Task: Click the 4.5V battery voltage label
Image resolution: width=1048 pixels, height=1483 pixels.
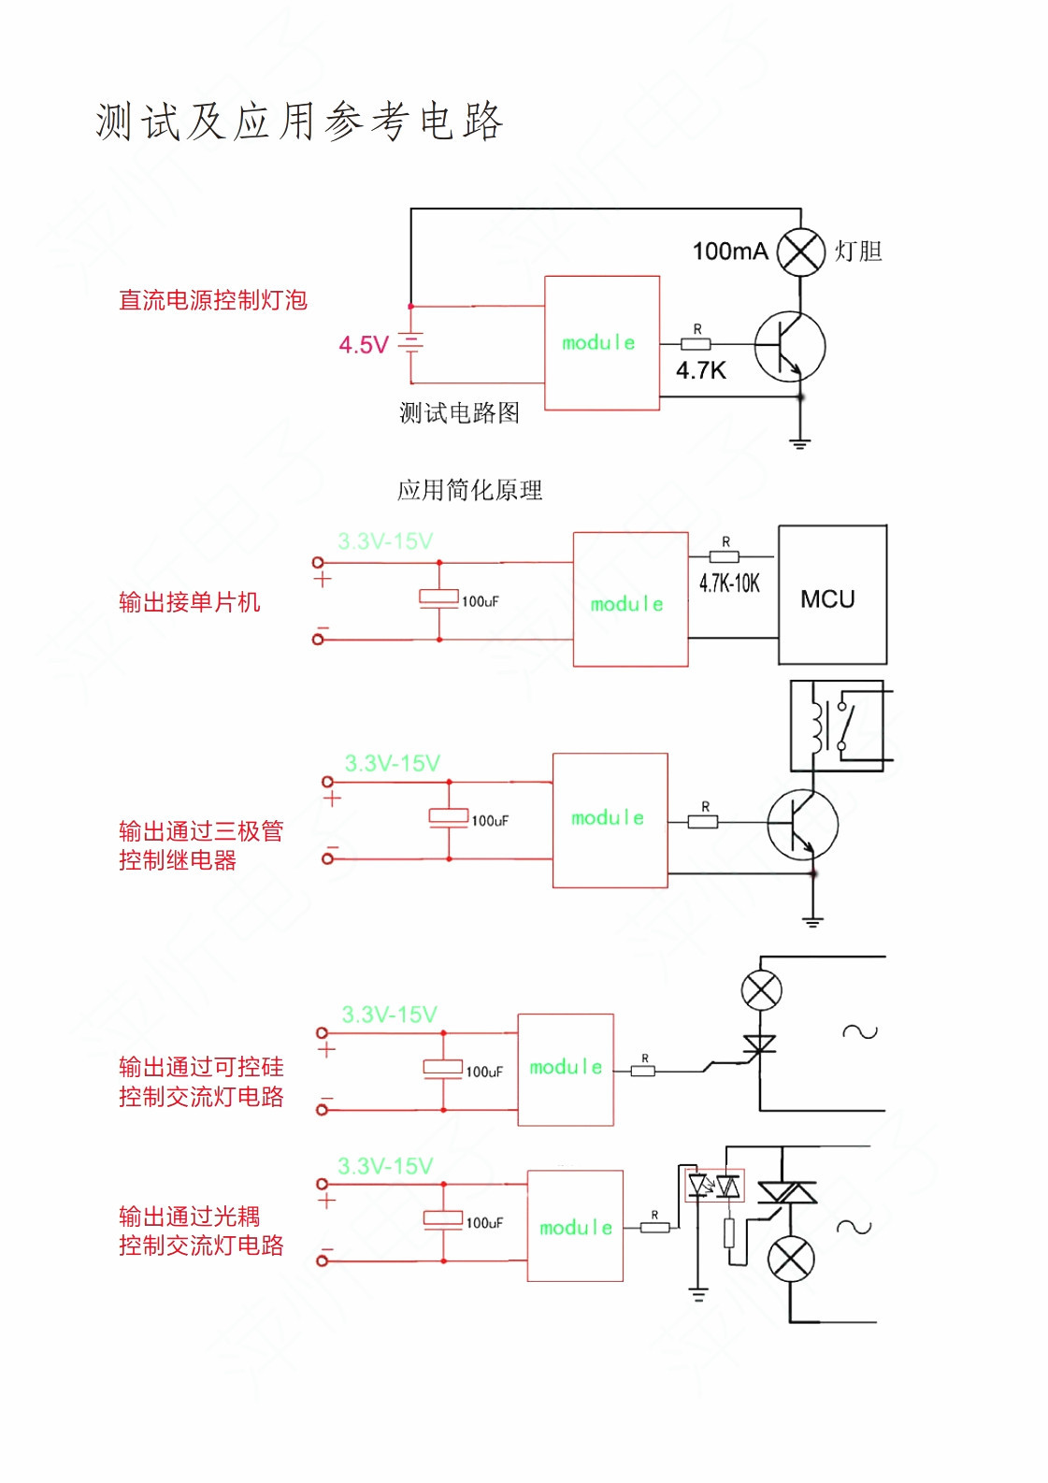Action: tap(364, 345)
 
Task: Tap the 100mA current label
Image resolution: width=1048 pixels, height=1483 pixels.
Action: tap(730, 251)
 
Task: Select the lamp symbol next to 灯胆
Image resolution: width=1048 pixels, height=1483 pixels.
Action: tap(800, 252)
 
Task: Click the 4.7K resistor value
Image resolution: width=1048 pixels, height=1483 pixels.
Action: tap(701, 370)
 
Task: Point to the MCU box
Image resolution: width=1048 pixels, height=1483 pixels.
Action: tap(832, 595)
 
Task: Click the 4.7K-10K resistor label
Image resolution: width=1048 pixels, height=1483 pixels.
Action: tap(729, 583)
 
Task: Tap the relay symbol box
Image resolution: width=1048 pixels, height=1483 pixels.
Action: tap(837, 726)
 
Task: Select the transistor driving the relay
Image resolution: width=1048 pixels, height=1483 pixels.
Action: tap(802, 825)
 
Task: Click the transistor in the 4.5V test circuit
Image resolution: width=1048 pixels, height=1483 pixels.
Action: tap(790, 346)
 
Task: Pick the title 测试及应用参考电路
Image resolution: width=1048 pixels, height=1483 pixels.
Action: tap(299, 122)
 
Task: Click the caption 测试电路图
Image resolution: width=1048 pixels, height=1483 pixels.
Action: tap(459, 413)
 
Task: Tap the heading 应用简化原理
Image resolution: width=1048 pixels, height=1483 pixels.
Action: tap(469, 490)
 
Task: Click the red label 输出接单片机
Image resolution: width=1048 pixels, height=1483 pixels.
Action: tap(190, 602)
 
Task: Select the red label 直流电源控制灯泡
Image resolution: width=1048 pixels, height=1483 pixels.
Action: tap(213, 300)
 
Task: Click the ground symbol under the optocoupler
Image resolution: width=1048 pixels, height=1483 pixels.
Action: tap(697, 1294)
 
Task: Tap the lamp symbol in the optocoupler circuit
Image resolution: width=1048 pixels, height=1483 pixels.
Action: tap(791, 1259)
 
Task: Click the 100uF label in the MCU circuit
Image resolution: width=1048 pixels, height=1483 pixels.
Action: tap(481, 602)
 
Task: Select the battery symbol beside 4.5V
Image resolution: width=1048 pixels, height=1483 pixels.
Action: tap(410, 344)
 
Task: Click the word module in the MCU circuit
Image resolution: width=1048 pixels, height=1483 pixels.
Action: tap(627, 604)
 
